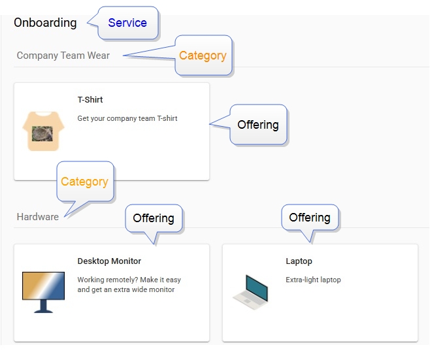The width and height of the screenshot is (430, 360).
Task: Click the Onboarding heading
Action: [45, 23]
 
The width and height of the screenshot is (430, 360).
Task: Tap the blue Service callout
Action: [127, 23]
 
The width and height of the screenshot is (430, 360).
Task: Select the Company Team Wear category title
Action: [63, 56]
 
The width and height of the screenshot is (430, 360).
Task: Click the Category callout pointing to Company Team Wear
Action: [203, 56]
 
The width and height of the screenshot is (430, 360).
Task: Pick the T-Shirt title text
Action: [90, 99]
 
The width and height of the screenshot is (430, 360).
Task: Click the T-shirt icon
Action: [43, 131]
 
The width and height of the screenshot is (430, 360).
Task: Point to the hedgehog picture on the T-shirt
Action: [42, 134]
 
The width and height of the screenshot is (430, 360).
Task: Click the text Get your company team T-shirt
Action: [127, 118]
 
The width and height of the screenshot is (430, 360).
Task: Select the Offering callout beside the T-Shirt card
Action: [258, 125]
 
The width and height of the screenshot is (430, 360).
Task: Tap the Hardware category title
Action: [37, 217]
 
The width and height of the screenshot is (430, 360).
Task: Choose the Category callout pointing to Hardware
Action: [85, 182]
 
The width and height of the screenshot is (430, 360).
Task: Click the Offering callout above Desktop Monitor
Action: [154, 218]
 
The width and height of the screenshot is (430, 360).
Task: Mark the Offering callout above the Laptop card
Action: [310, 218]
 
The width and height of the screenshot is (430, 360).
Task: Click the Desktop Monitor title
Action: [109, 261]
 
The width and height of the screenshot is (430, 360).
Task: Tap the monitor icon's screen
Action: [43, 286]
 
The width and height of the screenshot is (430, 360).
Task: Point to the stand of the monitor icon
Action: [43, 306]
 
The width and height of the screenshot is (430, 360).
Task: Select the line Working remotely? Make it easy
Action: [129, 280]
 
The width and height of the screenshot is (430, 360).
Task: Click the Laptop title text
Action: [299, 261]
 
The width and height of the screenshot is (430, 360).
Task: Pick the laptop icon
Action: [251, 292]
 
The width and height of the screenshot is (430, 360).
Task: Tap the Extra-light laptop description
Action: [313, 280]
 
